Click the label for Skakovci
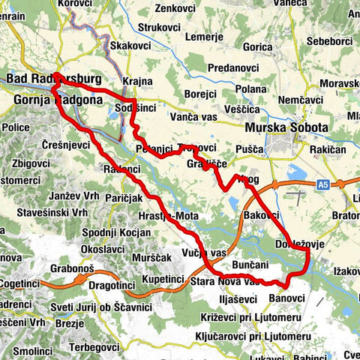click(x=131, y=46)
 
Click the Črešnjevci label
click(x=66, y=145)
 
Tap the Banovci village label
click(x=286, y=298)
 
